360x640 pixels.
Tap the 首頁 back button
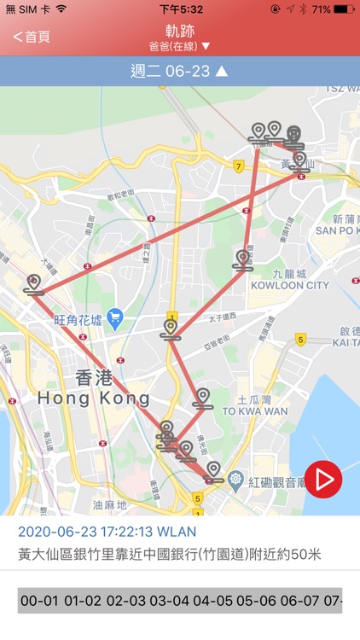(x=32, y=37)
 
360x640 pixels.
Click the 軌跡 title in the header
(x=179, y=31)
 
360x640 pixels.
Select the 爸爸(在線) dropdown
(x=179, y=46)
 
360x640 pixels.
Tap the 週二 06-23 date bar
(x=179, y=71)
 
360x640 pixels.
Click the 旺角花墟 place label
(x=78, y=320)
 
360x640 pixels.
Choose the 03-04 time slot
(x=167, y=601)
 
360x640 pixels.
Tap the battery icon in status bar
(x=344, y=9)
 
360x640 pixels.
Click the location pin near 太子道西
(x=171, y=328)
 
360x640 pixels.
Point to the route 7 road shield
(x=238, y=166)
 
